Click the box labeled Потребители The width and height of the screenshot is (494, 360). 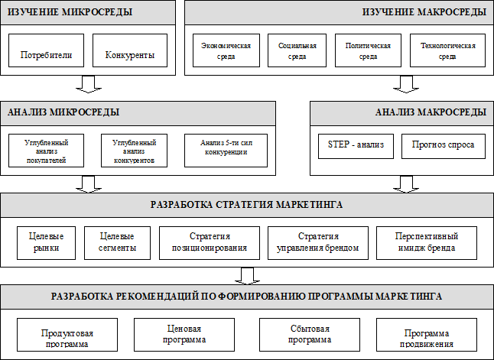[x=47, y=50]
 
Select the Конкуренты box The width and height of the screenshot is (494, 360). [x=130, y=50]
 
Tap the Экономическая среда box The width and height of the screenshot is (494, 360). [x=226, y=50]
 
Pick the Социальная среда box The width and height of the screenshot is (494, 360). [x=297, y=50]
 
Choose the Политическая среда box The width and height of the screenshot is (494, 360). [x=368, y=50]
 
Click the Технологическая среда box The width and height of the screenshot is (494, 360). [x=447, y=50]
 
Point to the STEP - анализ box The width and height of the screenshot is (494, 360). [x=356, y=147]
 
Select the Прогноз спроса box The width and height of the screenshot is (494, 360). [x=444, y=147]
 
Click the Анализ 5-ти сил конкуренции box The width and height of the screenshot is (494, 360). [x=226, y=151]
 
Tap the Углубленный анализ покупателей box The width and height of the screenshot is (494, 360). [x=47, y=151]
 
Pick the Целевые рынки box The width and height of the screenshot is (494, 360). [x=47, y=243]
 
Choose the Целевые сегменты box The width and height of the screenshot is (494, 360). [x=117, y=243]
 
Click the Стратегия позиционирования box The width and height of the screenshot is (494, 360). [x=210, y=243]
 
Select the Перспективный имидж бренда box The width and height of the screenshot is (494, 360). [x=427, y=243]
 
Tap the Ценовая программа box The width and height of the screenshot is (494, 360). [x=184, y=335]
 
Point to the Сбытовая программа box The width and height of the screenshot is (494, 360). [x=310, y=335]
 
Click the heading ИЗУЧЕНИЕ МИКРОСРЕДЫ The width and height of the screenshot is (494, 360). [x=70, y=12]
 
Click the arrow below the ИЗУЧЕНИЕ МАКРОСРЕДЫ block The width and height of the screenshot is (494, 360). [x=406, y=84]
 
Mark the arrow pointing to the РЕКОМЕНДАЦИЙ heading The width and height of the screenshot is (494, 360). [x=247, y=276]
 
